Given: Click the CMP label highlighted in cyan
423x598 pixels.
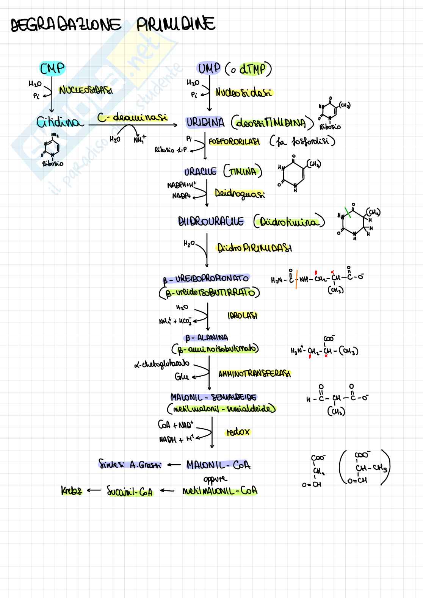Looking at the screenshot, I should click(52, 69).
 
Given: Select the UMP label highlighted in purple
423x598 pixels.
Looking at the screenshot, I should click(209, 69).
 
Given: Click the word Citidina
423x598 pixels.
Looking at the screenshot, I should click(59, 122).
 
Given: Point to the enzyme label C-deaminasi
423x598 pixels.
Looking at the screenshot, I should click(132, 117).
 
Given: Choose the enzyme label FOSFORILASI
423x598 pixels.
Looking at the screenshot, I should click(234, 142).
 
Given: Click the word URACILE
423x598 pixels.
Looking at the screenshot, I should click(200, 172).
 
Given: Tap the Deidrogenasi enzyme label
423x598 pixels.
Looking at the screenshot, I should click(240, 194).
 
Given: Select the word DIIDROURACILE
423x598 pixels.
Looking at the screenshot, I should click(211, 222).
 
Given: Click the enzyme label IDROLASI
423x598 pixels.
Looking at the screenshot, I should click(242, 316).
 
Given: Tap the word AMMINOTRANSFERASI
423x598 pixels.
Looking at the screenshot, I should click(255, 374).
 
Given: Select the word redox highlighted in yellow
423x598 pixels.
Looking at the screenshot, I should click(238, 432).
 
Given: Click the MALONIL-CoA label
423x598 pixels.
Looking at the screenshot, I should click(218, 465).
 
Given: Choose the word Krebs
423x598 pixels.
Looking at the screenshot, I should click(71, 491).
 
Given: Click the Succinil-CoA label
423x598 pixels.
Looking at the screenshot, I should click(130, 491).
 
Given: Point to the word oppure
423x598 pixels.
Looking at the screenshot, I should click(215, 479).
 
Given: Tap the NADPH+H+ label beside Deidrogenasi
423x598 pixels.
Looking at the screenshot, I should click(182, 185).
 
